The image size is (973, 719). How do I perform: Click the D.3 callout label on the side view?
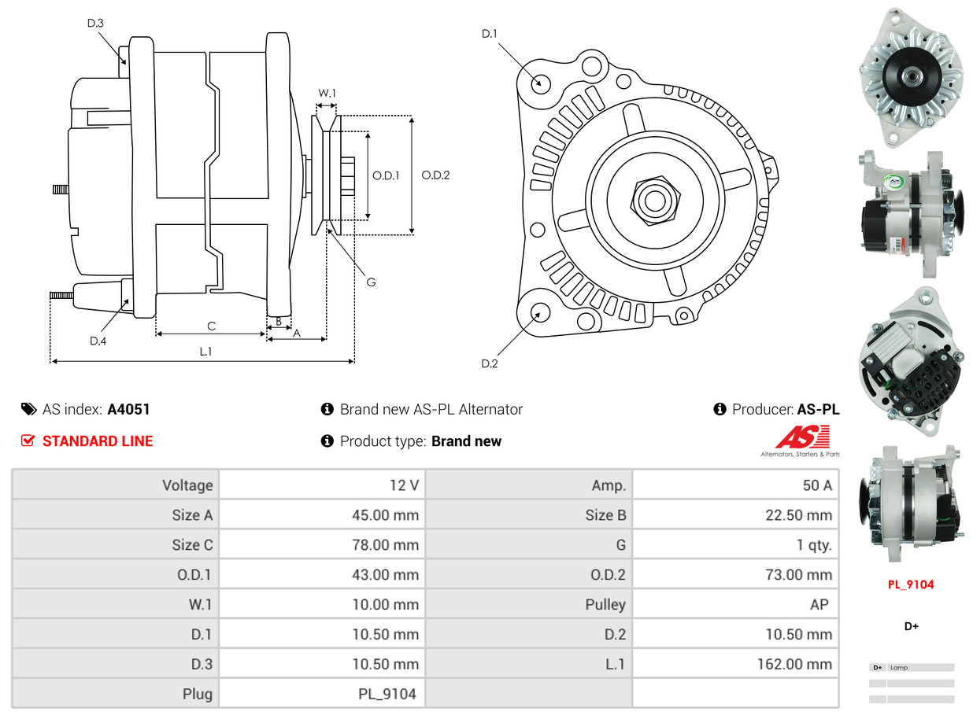pyautogui.click(x=95, y=24)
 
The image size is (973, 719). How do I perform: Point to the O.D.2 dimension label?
pyautogui.click(x=435, y=175)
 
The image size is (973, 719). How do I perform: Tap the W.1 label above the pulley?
pyautogui.click(x=327, y=94)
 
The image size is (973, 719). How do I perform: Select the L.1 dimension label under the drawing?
pyautogui.click(x=205, y=352)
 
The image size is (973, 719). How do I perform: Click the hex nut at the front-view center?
pyautogui.click(x=653, y=200)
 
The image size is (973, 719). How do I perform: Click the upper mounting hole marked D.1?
pyautogui.click(x=540, y=83)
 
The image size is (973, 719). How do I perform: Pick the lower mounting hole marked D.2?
pyautogui.click(x=538, y=312)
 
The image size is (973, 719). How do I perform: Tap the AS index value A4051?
pyautogui.click(x=128, y=409)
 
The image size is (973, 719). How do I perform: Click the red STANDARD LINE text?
pyautogui.click(x=98, y=441)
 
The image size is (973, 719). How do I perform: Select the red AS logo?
pyautogui.click(x=802, y=437)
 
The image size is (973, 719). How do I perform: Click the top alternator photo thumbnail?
pyautogui.click(x=911, y=76)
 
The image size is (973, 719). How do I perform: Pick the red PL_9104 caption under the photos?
pyautogui.click(x=912, y=584)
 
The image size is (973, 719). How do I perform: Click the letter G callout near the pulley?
pyautogui.click(x=371, y=282)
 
